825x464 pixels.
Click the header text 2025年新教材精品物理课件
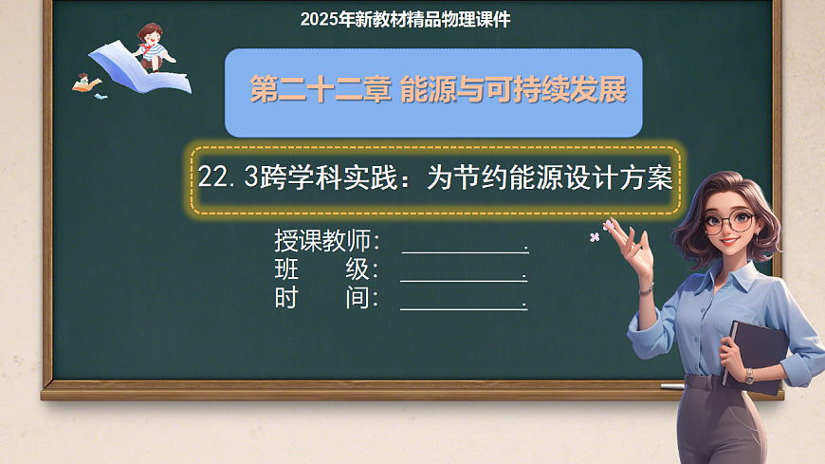coord(405,19)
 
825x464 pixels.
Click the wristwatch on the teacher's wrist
coord(748,376)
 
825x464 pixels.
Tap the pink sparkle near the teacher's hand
coord(596,235)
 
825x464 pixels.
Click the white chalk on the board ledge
coord(671,386)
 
